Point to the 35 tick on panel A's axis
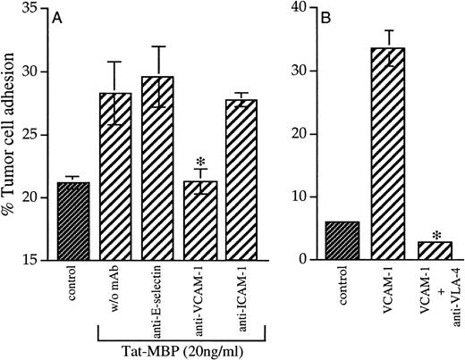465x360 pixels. click(38, 8)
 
